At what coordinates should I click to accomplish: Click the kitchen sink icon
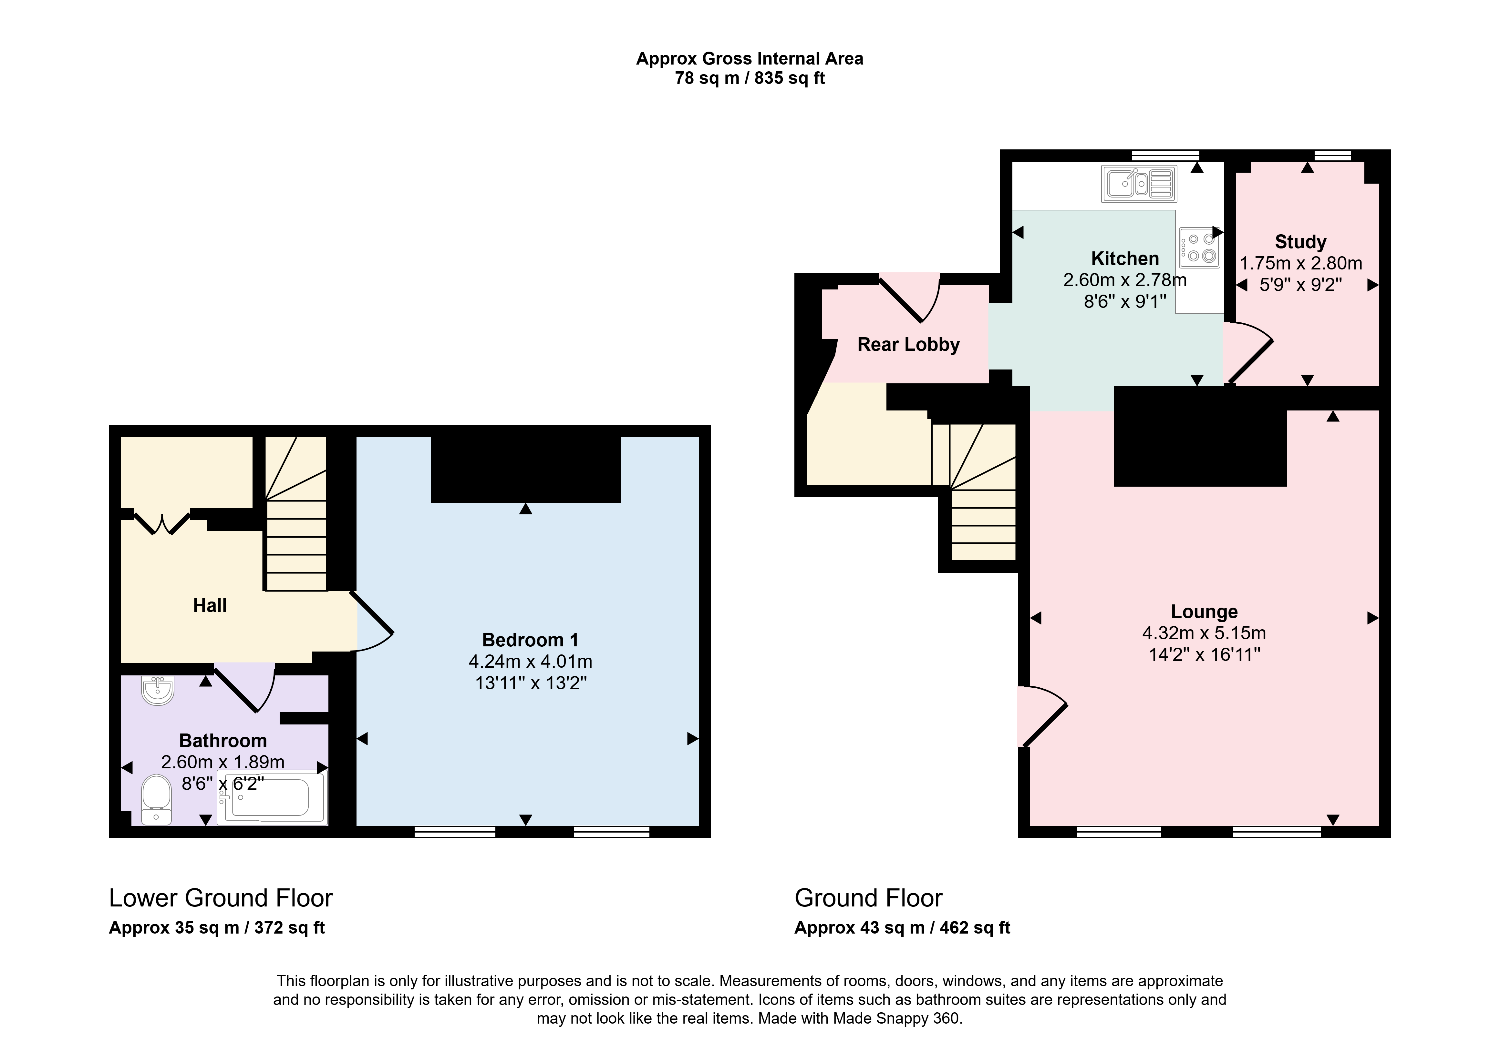point(1139,184)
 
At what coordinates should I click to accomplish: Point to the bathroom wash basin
point(158,690)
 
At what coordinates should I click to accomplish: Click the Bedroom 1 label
point(530,640)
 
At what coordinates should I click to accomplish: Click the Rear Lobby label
point(908,345)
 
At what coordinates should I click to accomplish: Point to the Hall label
point(210,605)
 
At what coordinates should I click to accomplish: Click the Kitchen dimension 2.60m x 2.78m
point(1124,280)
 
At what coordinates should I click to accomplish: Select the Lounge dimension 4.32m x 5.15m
point(1204,633)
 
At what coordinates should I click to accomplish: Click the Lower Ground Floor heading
point(221,898)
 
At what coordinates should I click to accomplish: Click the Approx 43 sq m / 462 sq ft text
point(902,928)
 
